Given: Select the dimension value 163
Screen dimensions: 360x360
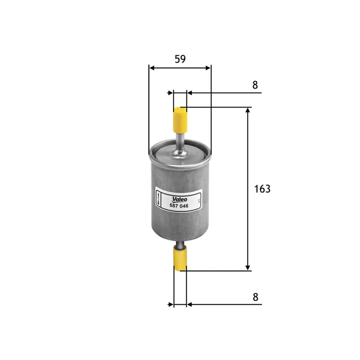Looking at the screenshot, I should click(262, 189).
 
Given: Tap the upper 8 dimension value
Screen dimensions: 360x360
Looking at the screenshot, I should click(255, 85).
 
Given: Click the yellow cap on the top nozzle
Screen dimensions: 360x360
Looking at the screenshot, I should click(180, 118).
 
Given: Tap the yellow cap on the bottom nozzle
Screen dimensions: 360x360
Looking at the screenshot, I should click(180, 260).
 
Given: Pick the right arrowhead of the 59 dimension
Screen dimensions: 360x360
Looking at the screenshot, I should click(207, 68).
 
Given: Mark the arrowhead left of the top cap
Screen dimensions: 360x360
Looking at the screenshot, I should click(171, 93).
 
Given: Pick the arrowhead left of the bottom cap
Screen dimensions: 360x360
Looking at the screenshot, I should click(171, 305).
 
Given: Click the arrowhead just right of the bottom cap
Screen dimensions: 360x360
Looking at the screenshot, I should click(189, 305).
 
